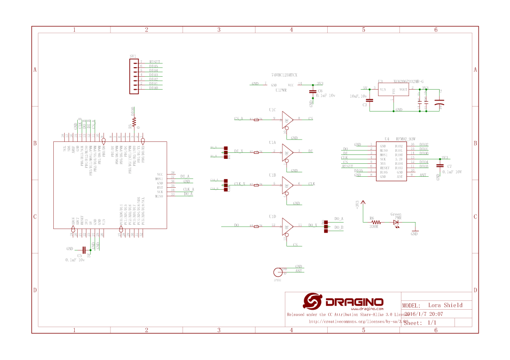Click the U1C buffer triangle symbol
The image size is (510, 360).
pos(287,120)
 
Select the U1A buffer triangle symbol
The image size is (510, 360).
pos(287,152)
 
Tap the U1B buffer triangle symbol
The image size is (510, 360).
pos(287,185)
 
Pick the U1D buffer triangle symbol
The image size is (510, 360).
pos(287,226)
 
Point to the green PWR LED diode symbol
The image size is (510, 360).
pos(397,223)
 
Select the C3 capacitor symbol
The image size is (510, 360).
pos(371,101)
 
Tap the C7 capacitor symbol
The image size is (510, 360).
pos(439,166)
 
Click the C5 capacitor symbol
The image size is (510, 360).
pos(84,249)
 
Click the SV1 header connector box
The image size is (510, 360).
pos(133,76)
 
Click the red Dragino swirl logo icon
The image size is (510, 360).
pos(314,302)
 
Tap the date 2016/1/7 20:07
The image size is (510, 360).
pos(424,314)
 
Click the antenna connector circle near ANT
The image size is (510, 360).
pos(277,272)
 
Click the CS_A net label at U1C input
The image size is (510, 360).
pos(238,119)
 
